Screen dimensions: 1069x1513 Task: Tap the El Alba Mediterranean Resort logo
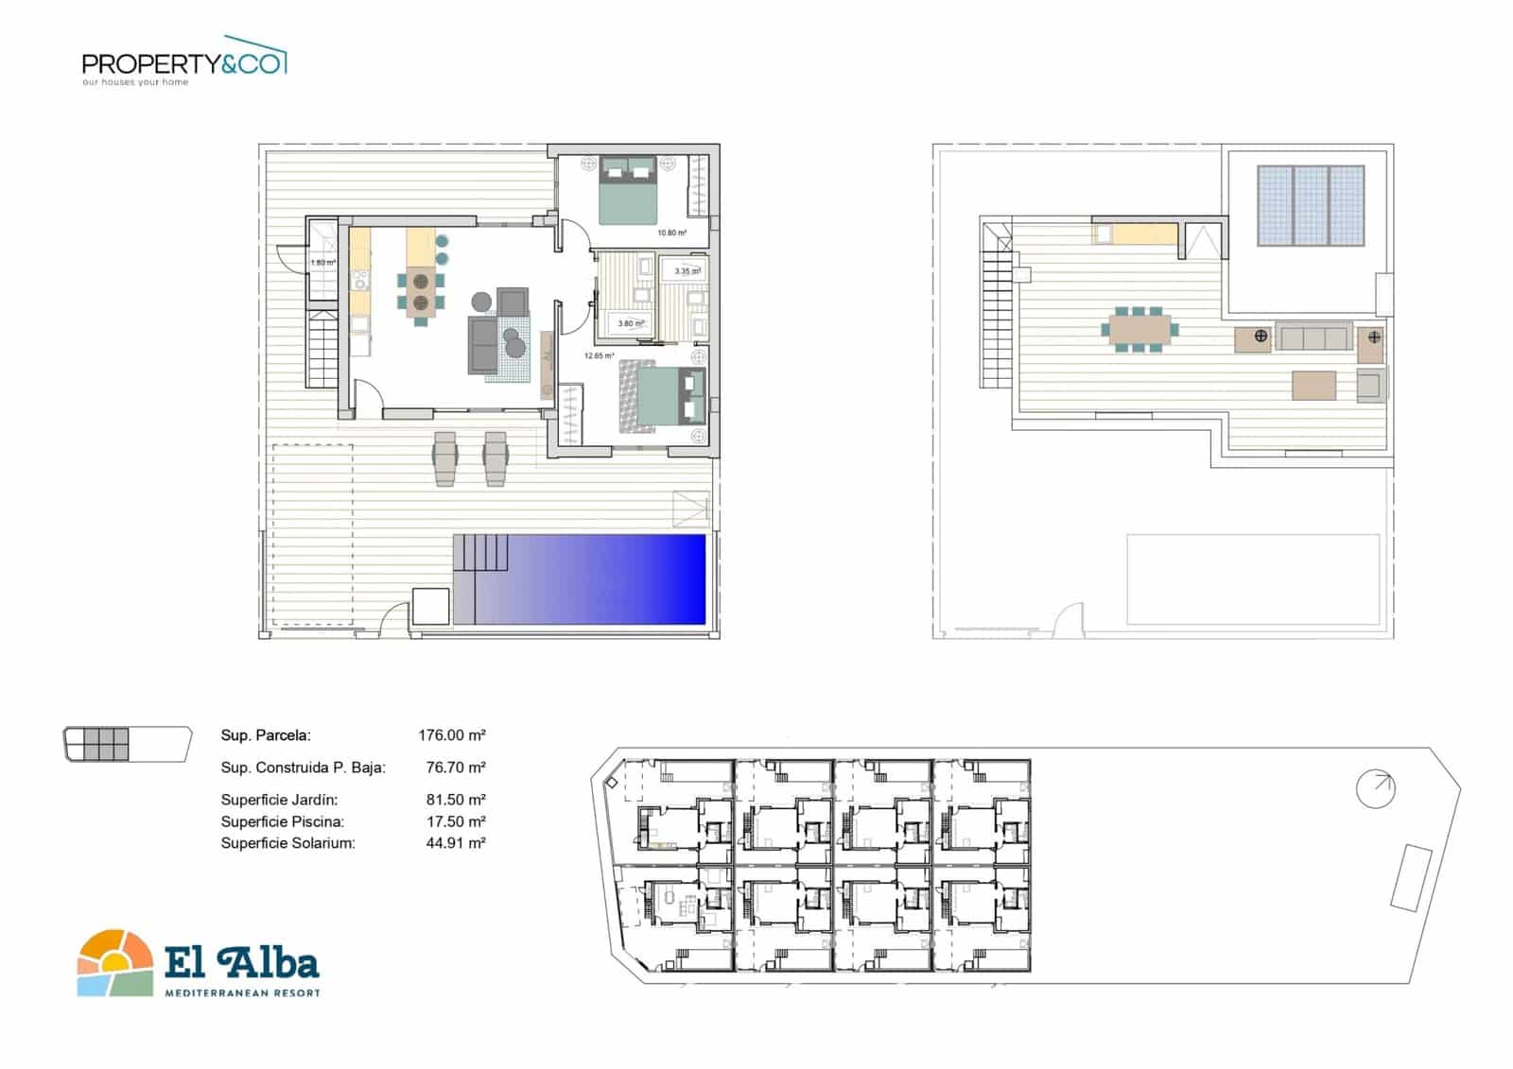pos(199,962)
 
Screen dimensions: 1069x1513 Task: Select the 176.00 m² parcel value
pos(451,734)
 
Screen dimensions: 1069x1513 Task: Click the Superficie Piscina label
pos(282,821)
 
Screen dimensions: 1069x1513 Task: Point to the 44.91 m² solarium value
pos(455,843)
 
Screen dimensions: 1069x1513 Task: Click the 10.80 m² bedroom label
pos(671,233)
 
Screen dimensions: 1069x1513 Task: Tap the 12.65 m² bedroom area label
pos(599,356)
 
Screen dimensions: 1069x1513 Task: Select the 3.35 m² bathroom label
pos(687,271)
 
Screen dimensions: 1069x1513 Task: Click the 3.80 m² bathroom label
pos(630,323)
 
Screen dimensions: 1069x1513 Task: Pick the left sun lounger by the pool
pos(445,458)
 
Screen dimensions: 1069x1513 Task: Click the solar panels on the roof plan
pos(1311,205)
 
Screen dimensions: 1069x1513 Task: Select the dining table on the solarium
pos(1139,329)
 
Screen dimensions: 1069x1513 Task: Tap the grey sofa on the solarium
pos(1313,336)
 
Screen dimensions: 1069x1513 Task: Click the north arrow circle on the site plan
pos(1375,788)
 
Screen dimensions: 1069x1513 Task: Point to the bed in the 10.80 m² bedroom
pos(627,192)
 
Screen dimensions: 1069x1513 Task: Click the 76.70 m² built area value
pos(455,767)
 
